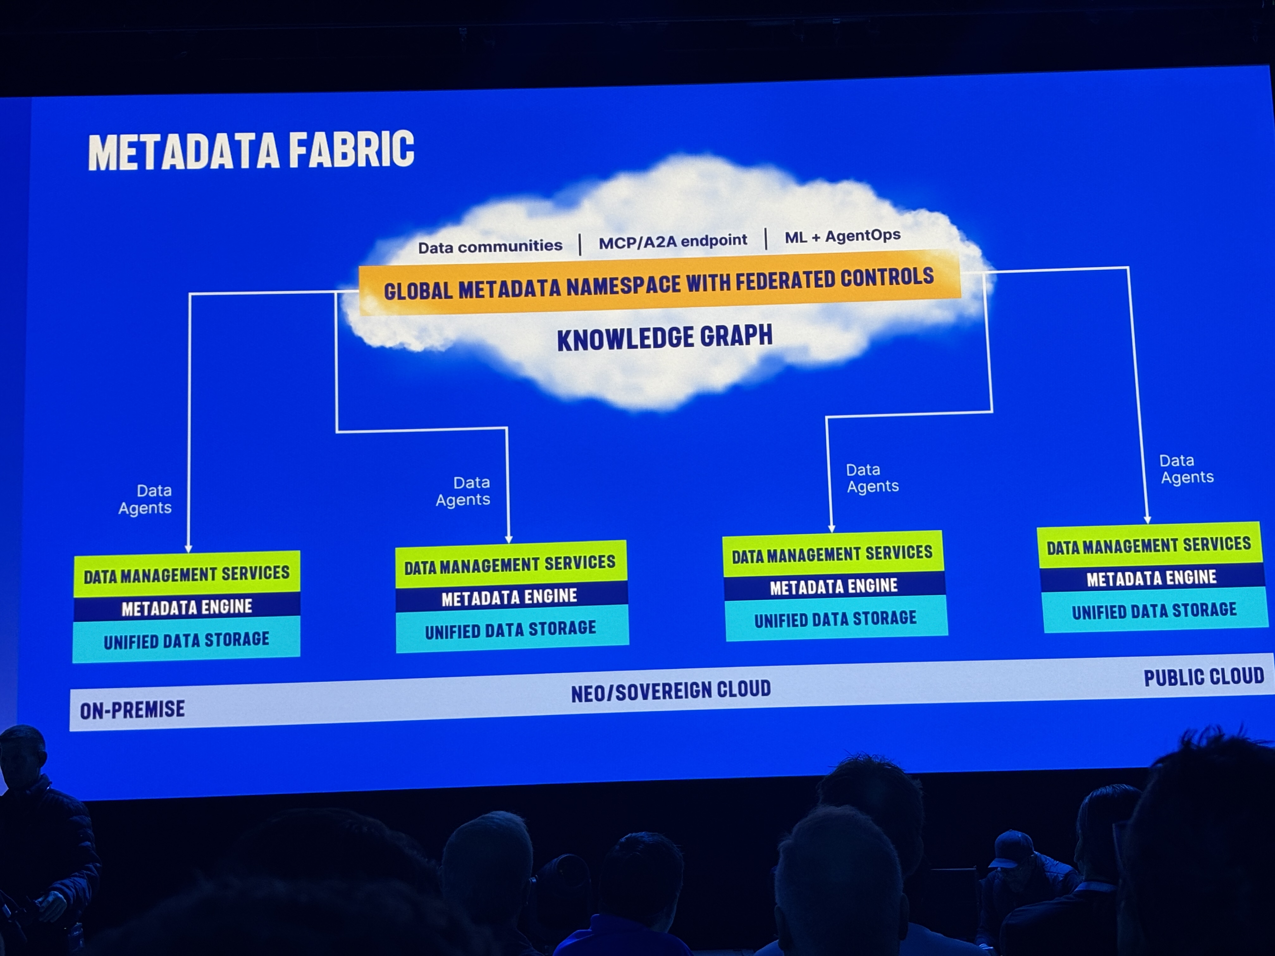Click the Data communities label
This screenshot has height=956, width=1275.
point(490,247)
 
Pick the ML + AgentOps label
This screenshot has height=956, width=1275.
point(842,236)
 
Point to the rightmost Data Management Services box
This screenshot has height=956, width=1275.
point(1149,545)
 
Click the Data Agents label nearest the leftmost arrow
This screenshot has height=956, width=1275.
point(146,499)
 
